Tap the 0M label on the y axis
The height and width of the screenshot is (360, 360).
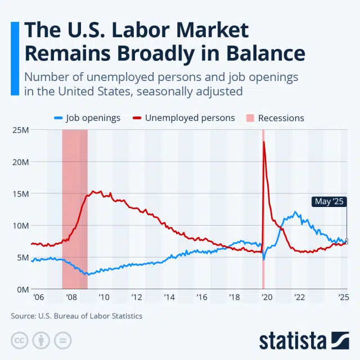click(x=23, y=289)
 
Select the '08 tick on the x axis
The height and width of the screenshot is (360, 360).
click(x=71, y=297)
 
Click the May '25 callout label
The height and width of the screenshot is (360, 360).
click(x=328, y=201)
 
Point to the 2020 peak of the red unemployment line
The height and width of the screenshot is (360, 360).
click(x=264, y=142)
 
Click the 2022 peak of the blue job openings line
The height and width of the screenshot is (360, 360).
click(x=295, y=213)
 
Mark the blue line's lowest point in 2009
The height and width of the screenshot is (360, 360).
click(x=86, y=274)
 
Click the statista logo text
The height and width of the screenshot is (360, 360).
click(x=292, y=340)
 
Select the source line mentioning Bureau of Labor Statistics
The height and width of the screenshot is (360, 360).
click(x=76, y=316)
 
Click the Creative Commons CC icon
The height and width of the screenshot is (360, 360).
click(x=20, y=341)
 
